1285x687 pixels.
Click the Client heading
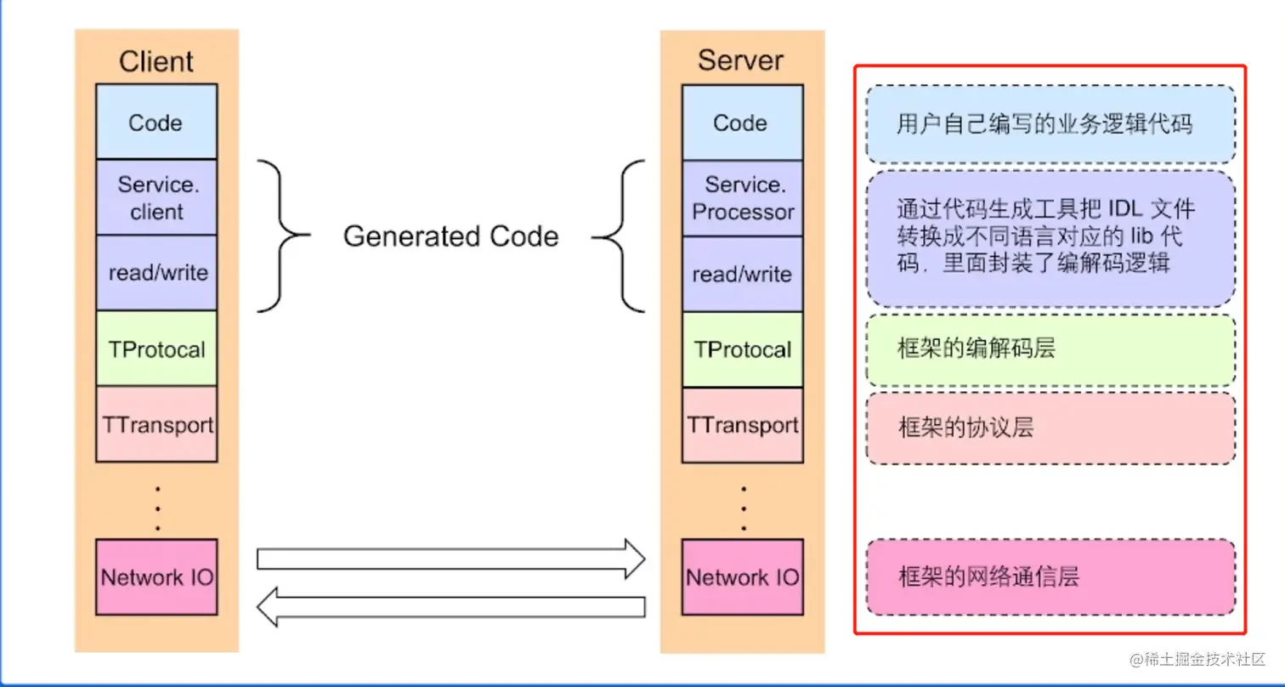click(x=156, y=61)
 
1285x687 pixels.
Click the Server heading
click(x=740, y=60)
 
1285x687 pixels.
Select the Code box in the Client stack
click(x=156, y=122)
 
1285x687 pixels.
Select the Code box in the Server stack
click(x=740, y=122)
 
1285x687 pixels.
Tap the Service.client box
click(x=156, y=197)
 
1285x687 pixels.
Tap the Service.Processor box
click(x=742, y=197)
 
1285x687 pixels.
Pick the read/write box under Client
click(x=156, y=273)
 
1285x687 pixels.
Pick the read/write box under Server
click(x=742, y=274)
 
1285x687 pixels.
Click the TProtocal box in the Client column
click(x=156, y=349)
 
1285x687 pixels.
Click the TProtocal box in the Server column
click(x=742, y=349)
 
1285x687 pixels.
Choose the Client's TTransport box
click(x=156, y=423)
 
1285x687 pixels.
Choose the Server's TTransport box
click(x=742, y=423)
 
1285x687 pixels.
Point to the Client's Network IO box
click(x=156, y=577)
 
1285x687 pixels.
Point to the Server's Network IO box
click(x=742, y=577)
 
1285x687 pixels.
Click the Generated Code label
click(x=450, y=236)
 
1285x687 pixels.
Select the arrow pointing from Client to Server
click(x=450, y=558)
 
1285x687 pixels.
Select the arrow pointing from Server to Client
click(x=450, y=608)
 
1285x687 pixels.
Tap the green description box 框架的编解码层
click(x=1050, y=349)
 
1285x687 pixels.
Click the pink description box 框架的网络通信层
click(x=1050, y=577)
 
